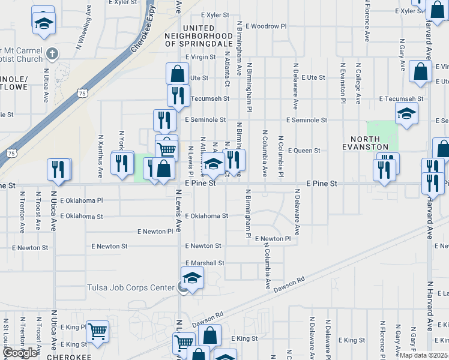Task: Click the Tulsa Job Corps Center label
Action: [x=131, y=287]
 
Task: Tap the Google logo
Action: [x=20, y=353]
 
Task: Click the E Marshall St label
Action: [x=205, y=263]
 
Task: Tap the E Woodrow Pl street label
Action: [x=261, y=26]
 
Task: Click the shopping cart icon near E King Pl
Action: [x=97, y=331]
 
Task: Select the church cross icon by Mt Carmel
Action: [x=52, y=53]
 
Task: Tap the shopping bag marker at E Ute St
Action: [x=178, y=74]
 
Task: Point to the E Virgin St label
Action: [x=200, y=57]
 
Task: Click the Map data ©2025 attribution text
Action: [x=424, y=355]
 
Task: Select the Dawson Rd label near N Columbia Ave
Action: [x=289, y=285]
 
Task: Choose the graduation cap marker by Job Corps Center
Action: [x=192, y=278]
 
